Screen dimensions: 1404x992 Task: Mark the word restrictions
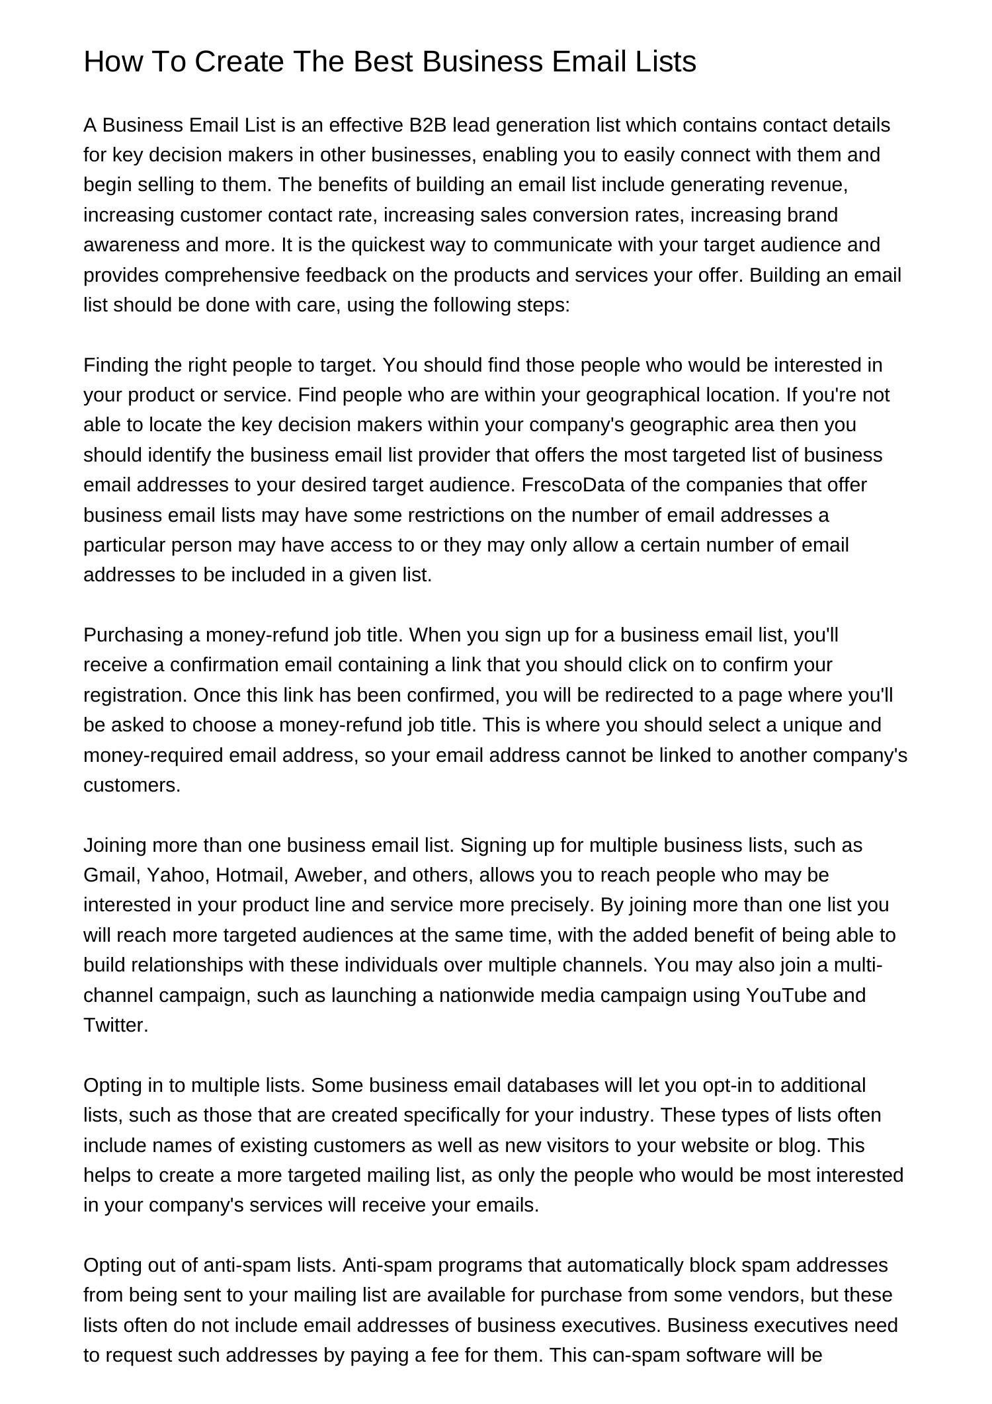coord(489,515)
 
